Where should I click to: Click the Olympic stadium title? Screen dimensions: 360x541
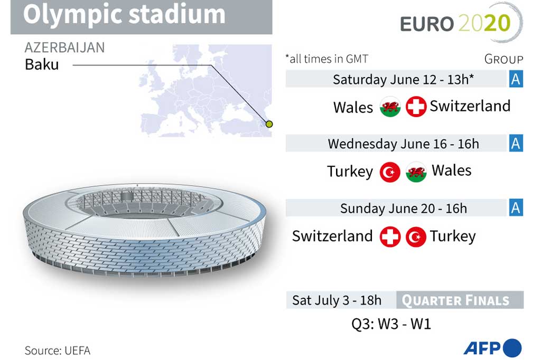pos(124,15)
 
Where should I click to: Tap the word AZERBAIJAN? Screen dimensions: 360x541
pos(64,48)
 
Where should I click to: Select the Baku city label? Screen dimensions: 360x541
pos(42,65)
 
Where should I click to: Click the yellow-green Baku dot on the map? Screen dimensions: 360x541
pos(269,124)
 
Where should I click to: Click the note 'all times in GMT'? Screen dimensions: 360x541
pos(327,59)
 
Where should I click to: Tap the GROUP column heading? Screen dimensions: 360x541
pos(503,59)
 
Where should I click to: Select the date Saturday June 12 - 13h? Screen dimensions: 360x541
pos(403,79)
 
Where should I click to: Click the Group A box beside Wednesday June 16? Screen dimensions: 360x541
pos(516,143)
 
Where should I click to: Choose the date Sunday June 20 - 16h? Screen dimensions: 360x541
pos(403,208)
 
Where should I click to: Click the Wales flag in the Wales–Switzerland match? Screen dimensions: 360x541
pos(390,107)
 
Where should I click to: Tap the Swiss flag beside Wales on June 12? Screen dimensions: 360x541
pos(416,107)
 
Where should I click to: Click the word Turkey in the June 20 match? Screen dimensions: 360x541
pos(453,236)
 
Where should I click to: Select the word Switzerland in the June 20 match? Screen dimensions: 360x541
pos(332,236)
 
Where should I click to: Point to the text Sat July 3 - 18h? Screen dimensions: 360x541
pos(337,300)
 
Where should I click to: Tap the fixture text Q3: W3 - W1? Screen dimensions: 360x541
pos(391,324)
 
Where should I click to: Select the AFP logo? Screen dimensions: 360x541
pos(492,348)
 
